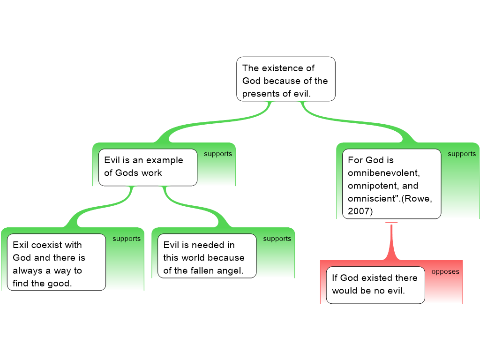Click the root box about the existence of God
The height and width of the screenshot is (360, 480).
click(x=285, y=79)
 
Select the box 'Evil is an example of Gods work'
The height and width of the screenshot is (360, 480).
click(x=147, y=167)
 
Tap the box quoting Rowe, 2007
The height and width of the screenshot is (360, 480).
click(x=391, y=184)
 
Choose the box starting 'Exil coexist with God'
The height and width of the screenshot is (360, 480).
click(x=56, y=262)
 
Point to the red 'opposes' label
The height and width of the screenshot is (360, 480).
click(x=445, y=272)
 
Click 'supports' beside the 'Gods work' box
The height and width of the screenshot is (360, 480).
click(x=218, y=154)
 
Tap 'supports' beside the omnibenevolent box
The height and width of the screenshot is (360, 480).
click(x=462, y=154)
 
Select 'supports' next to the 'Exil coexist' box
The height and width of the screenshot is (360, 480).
click(x=127, y=239)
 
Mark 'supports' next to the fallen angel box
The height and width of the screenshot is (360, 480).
click(x=277, y=239)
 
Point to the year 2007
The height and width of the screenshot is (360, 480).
click(x=360, y=211)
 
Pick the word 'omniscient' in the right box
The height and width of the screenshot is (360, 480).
click(x=372, y=199)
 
